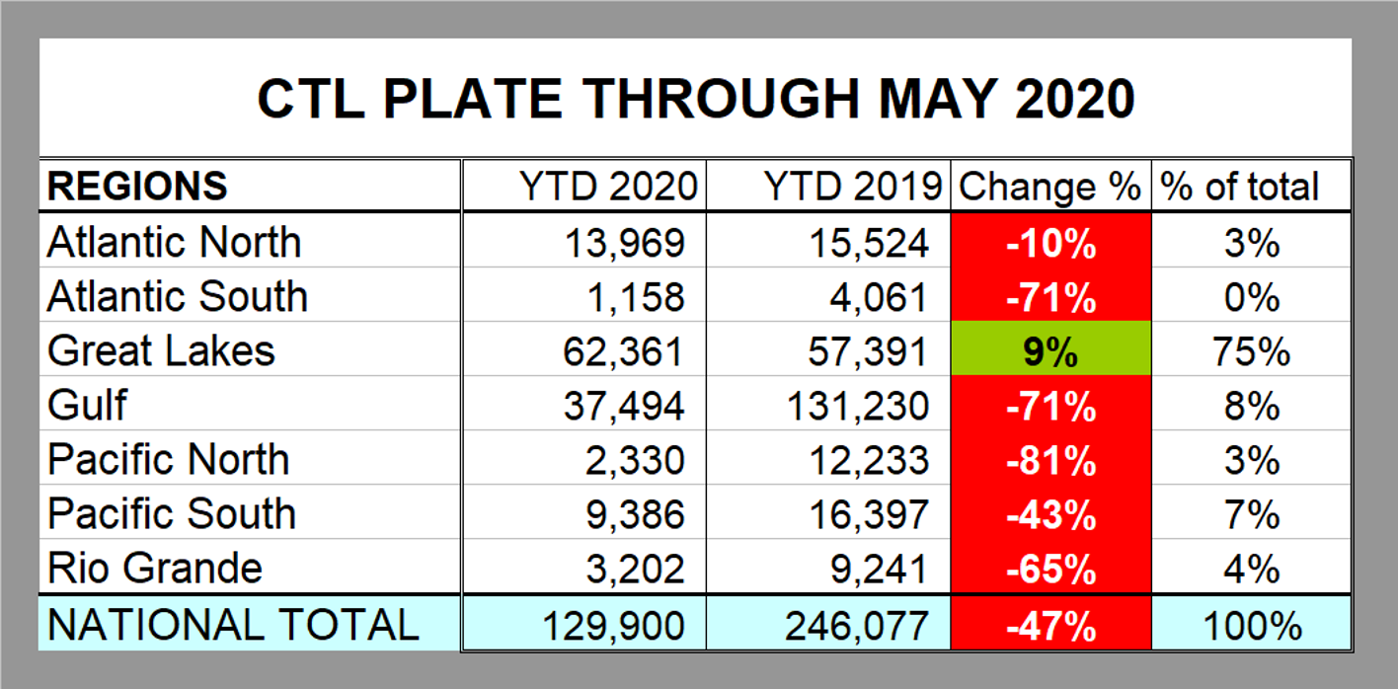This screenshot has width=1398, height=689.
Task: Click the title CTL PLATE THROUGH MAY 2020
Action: [695, 99]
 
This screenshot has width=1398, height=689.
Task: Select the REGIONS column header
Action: [137, 186]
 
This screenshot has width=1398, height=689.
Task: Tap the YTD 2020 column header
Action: [608, 186]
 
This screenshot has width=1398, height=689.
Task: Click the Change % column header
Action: [1049, 186]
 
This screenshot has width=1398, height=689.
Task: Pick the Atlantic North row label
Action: [174, 243]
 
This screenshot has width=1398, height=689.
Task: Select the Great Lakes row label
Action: [161, 351]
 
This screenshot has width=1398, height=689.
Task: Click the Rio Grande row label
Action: [155, 569]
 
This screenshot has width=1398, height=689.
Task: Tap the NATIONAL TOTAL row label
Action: [233, 625]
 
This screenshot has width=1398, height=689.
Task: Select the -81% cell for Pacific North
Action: [1050, 461]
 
